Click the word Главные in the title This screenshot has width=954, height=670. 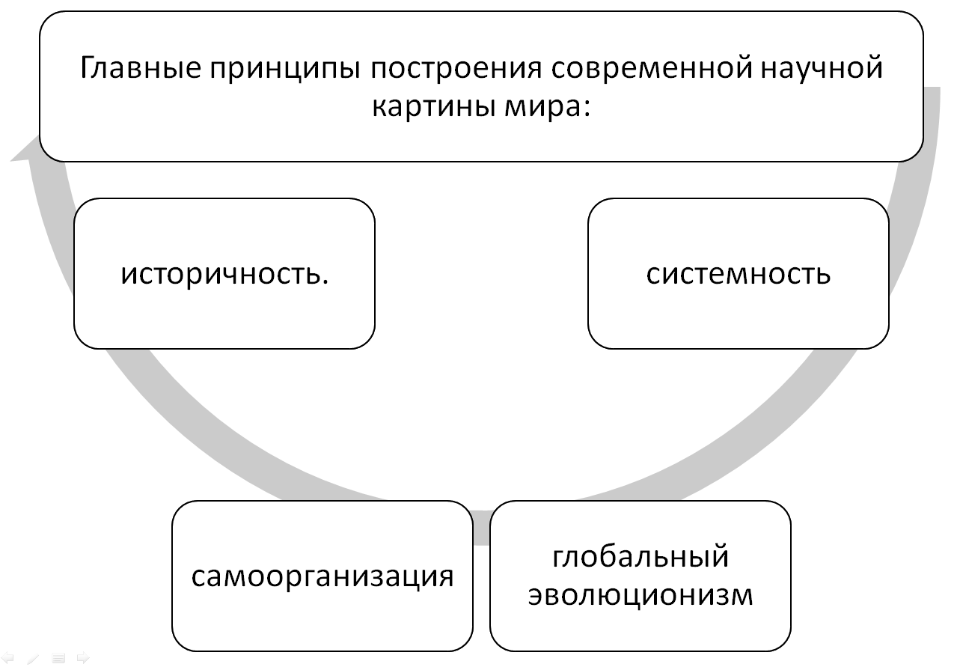point(141,68)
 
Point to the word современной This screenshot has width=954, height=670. point(652,68)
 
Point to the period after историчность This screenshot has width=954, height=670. point(325,281)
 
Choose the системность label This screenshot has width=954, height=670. point(738,274)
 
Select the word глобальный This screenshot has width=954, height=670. point(640,556)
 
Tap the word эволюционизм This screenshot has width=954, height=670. point(640,595)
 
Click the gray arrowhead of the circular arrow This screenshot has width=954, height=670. point(25,150)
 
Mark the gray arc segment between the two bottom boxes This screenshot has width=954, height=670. point(482,527)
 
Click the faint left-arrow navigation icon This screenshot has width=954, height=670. point(7,658)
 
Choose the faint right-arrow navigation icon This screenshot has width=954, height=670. point(83,658)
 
